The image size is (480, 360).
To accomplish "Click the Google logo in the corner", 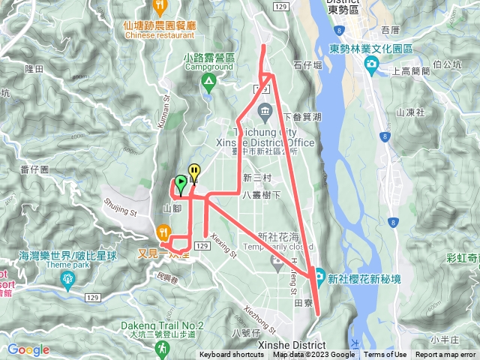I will (28, 349).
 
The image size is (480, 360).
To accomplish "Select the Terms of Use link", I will (385, 355).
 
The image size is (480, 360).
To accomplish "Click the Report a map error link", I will (447, 355).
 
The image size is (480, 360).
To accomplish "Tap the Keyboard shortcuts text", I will (232, 355).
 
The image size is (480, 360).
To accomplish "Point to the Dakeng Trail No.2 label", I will (162, 325).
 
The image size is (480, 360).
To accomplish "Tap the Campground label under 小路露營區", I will (208, 67).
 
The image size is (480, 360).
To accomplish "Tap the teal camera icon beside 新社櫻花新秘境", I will (319, 276).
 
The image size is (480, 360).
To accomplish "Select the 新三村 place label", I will (257, 177).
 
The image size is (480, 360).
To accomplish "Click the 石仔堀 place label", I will (307, 66).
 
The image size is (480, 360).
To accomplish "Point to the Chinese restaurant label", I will (160, 34).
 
